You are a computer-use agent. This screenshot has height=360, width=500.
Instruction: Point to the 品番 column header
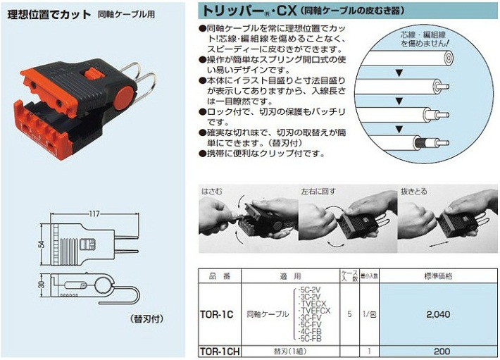[214, 275]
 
